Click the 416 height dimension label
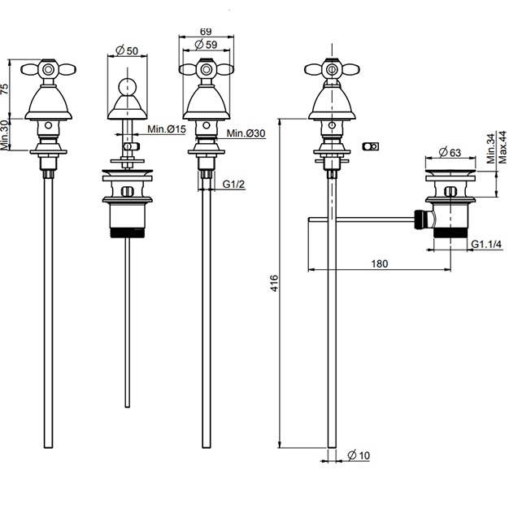(x=274, y=283)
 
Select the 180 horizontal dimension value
(x=380, y=263)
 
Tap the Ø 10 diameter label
(x=359, y=455)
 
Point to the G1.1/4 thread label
(x=486, y=244)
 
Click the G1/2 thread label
(x=233, y=184)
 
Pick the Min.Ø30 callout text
(x=246, y=133)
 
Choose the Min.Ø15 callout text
(x=167, y=129)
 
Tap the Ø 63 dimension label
(x=450, y=152)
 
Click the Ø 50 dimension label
(x=127, y=50)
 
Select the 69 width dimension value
(x=206, y=32)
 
